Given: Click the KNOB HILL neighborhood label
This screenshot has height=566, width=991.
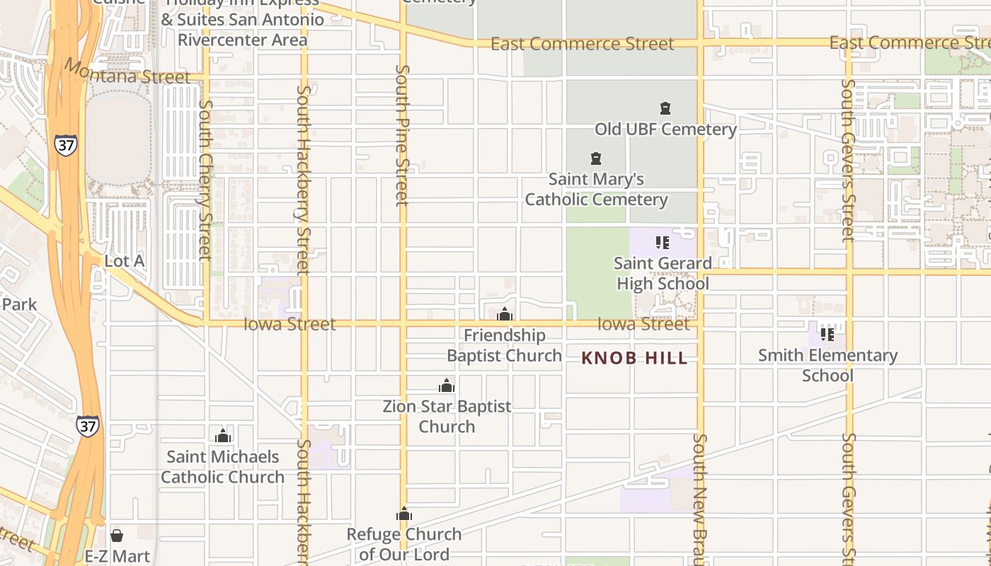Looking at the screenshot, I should (x=634, y=358).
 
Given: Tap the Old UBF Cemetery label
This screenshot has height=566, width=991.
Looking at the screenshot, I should (x=665, y=129).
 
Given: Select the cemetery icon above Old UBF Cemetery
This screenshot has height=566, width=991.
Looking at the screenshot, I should (x=665, y=108).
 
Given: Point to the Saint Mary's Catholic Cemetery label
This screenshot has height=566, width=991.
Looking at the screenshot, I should (x=596, y=190).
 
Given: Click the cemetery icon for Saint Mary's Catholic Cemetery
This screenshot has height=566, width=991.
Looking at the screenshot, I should (x=596, y=158).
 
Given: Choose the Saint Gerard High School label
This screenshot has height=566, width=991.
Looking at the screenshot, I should (x=663, y=274).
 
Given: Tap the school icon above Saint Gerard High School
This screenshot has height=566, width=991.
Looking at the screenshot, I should (x=662, y=243).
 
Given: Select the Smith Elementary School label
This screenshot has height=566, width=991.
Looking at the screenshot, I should (x=827, y=365).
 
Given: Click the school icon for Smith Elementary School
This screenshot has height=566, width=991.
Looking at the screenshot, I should (x=827, y=334).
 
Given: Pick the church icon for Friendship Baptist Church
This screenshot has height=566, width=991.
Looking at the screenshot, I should (x=505, y=314).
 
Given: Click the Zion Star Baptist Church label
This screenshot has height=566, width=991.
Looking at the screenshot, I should (x=447, y=417).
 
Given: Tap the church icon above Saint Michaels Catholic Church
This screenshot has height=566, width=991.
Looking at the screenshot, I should (x=223, y=436).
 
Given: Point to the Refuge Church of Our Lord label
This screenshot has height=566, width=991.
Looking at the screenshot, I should (x=404, y=544).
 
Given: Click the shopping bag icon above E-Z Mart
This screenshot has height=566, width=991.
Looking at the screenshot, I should (x=117, y=536).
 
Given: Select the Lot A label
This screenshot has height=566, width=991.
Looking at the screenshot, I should (x=125, y=261).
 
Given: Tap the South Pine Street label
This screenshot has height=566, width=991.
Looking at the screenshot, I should (x=402, y=134).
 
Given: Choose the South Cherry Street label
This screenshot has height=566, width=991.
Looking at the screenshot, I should (x=205, y=179).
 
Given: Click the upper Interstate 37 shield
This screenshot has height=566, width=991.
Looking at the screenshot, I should (x=65, y=144).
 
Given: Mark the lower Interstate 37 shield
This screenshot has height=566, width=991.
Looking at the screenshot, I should (x=88, y=426).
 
